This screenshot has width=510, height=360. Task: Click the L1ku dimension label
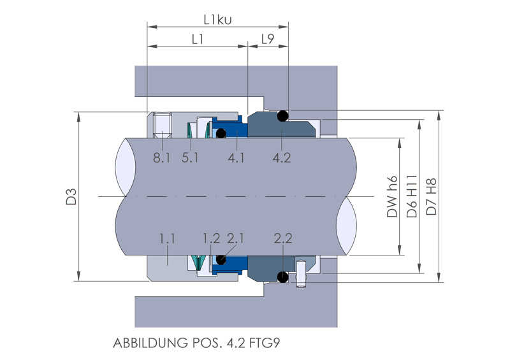tap(217, 19)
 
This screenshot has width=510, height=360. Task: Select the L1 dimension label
tap(198, 39)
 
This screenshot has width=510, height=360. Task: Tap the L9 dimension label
tap(268, 39)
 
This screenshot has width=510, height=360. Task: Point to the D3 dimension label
tap(71, 196)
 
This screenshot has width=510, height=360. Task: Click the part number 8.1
tap(162, 157)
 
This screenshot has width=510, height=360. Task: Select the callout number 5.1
tap(190, 157)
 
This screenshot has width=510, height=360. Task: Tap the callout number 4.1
tap(236, 157)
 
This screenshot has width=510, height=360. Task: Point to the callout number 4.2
tap(281, 157)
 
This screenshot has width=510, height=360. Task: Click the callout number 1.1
tap(167, 239)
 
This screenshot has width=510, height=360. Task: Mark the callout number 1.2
tap(211, 239)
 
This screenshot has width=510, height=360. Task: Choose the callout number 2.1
tap(236, 239)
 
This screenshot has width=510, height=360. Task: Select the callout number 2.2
tap(282, 239)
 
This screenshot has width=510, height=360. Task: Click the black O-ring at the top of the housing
tap(283, 115)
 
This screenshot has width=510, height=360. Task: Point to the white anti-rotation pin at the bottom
tap(301, 276)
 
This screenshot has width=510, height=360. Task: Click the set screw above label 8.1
tap(162, 124)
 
